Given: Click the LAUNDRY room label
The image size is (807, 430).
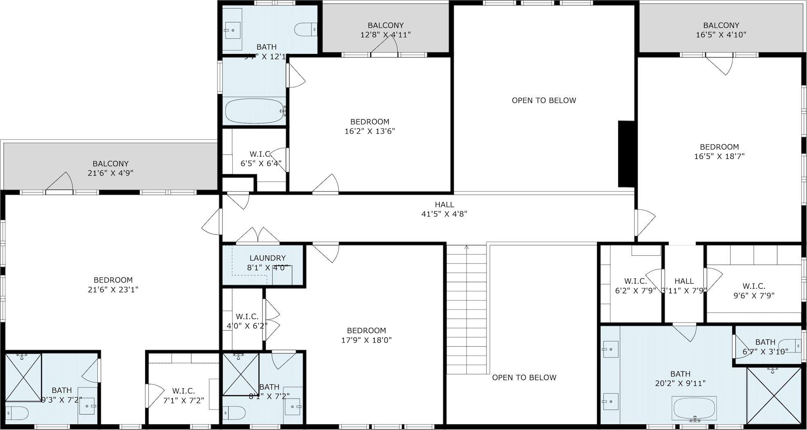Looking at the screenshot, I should pos(267,258).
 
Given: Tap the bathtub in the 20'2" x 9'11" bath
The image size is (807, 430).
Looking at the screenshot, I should pos(695,408).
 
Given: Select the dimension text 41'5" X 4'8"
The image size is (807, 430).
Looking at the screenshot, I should pos(444,214).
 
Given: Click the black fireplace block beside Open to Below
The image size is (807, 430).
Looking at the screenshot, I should pos(625,154).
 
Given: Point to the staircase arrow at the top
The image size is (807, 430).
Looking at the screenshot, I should pos(466,247).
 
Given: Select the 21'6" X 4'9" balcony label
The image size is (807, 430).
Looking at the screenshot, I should pos(110,173).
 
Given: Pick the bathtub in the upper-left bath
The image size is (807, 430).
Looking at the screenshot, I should pos(255,111).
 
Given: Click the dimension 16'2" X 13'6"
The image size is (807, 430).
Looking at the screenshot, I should pos(370,131).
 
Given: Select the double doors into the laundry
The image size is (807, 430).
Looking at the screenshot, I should pos(258,236).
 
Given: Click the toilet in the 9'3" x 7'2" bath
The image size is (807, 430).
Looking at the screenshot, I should pos(16,413).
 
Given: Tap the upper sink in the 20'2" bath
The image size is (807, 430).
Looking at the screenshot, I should pos(610,350).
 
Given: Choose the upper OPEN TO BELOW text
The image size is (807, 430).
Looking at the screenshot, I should pos(544,100).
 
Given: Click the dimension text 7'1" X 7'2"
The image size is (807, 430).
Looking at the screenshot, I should pos(184,401).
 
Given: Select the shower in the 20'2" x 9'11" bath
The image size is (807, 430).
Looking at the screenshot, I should pos(773,396).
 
